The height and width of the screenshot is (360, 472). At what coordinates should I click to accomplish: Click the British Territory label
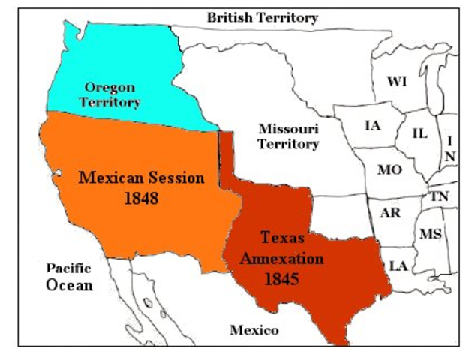point(262,17)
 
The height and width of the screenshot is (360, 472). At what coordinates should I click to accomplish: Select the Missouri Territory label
point(289,136)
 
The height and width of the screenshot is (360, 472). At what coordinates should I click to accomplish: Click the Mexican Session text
point(142,178)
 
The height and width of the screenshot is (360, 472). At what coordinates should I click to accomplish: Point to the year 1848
point(141,199)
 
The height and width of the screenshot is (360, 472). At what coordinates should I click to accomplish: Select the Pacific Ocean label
point(69,276)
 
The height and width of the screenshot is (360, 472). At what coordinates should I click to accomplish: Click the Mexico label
point(254,330)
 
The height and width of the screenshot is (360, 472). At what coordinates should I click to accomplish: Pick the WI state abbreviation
point(396,81)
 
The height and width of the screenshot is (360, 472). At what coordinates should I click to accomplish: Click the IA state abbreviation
point(372,125)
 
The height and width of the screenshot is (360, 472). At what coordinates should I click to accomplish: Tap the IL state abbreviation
point(420,133)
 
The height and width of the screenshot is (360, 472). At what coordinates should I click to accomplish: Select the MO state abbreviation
point(389,169)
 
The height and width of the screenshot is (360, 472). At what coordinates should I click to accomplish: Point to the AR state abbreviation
point(390,212)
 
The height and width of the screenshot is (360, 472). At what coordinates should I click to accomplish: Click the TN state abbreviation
point(438,196)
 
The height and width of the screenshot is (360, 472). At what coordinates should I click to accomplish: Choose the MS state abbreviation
point(430,233)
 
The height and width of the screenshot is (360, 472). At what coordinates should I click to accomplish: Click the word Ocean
point(69,285)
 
